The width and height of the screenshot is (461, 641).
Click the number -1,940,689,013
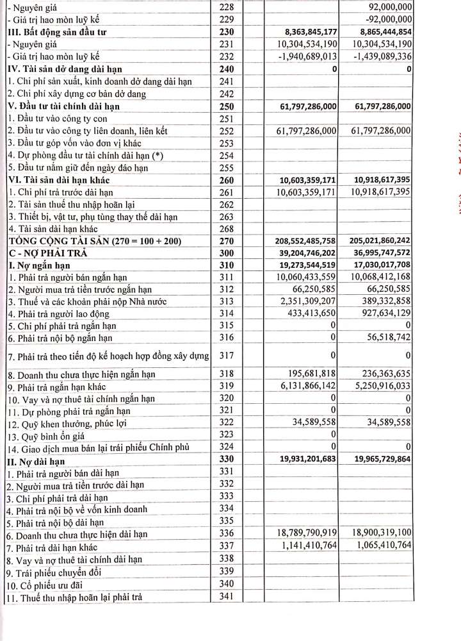[302, 56]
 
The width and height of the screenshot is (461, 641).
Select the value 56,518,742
[389, 338]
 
